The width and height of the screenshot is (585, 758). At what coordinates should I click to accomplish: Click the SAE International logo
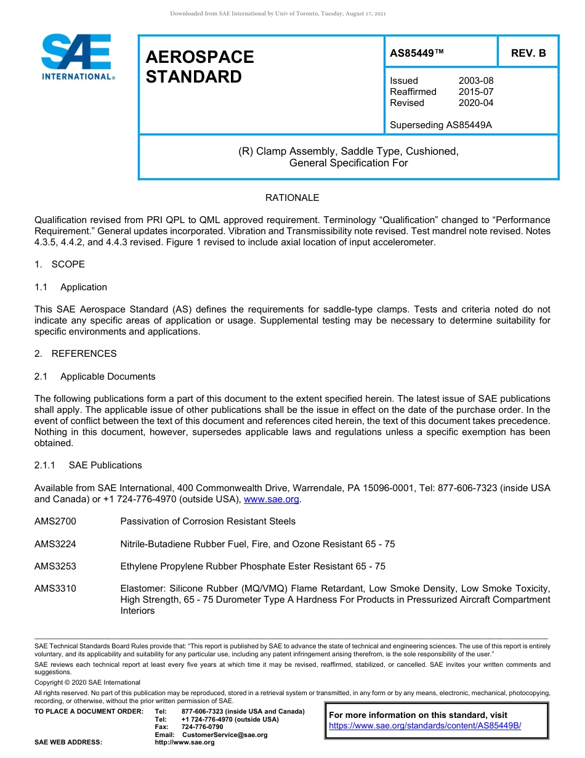tap(76, 57)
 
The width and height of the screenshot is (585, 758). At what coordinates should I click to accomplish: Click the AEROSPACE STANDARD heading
tap(200, 67)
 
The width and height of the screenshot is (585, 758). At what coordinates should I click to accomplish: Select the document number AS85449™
tap(416, 54)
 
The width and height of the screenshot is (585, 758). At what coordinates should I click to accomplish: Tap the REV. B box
tap(528, 54)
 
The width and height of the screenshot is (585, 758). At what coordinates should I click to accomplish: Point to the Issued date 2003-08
tap(475, 81)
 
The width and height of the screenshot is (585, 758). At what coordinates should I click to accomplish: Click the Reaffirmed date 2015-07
tap(475, 92)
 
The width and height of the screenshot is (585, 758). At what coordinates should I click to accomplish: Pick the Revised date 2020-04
tap(475, 103)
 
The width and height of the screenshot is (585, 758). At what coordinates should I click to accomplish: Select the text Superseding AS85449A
tap(440, 125)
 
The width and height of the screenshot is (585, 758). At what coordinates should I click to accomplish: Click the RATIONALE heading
tap(292, 198)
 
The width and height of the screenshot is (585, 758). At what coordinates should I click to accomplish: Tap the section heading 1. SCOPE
tap(60, 264)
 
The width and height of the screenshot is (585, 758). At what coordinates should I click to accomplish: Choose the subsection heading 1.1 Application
tap(71, 287)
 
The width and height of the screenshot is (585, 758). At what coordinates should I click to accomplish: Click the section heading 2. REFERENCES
tap(75, 354)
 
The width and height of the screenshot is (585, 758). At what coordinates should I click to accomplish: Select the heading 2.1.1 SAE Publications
tap(88, 465)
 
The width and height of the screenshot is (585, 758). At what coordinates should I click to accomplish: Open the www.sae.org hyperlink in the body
tap(272, 499)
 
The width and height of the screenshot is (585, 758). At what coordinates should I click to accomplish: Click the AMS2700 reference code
tap(55, 521)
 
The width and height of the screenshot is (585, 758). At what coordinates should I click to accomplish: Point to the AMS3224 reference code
tap(55, 544)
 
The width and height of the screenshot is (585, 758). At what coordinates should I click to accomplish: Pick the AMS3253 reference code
tap(55, 566)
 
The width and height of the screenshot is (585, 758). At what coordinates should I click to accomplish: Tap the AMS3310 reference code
tap(55, 589)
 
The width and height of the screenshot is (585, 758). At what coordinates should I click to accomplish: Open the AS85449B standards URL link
tap(425, 726)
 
